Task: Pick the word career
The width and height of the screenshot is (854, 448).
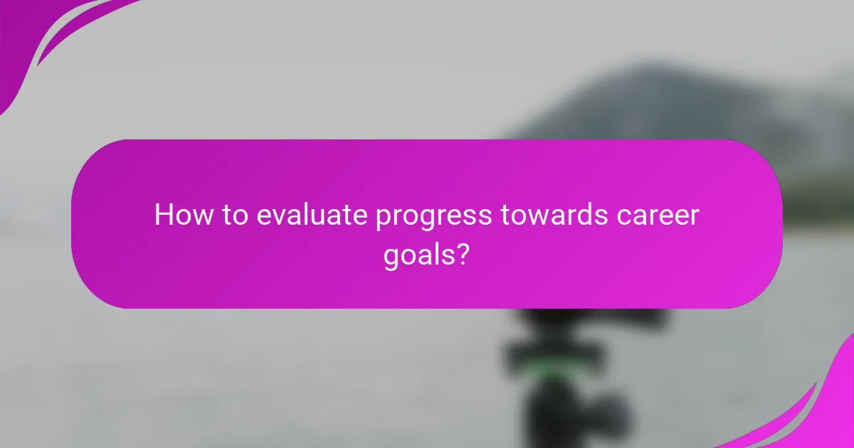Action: point(660,215)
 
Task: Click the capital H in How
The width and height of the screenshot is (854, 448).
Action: point(163,215)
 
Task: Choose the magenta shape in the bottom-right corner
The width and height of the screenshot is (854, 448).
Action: point(826,412)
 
